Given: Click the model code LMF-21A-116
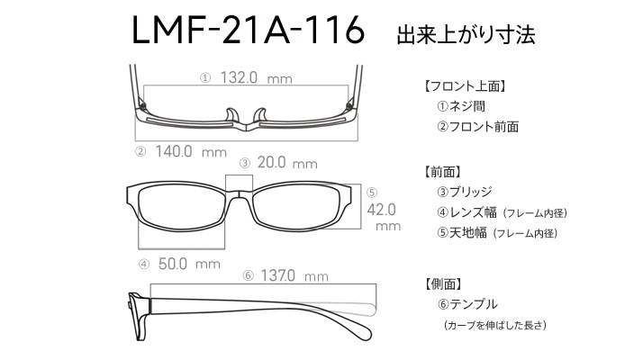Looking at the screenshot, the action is (x=248, y=31).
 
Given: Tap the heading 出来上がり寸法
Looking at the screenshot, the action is (x=466, y=34).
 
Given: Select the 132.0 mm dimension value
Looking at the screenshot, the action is (x=257, y=77).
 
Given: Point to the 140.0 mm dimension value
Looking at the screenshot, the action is (x=191, y=152).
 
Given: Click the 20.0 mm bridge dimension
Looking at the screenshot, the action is (x=287, y=163).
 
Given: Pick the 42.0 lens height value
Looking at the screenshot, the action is (x=381, y=210).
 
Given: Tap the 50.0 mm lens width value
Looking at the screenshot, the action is (x=189, y=264).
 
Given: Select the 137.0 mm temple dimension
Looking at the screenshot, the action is (x=294, y=275).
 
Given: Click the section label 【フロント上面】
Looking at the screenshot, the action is (x=464, y=86).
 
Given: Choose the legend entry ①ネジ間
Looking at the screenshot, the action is (x=461, y=106).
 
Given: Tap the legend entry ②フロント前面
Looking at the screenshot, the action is (x=477, y=127).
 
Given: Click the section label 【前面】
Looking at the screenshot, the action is (x=442, y=171).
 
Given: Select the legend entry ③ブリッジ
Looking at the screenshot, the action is (x=464, y=192).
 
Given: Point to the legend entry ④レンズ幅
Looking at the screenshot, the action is (x=466, y=212).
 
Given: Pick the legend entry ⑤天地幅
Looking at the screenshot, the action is (x=462, y=232).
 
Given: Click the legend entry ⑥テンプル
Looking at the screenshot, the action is (x=467, y=304).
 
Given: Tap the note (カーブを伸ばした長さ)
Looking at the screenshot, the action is (x=495, y=325).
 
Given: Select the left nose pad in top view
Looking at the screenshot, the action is (x=232, y=115).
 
